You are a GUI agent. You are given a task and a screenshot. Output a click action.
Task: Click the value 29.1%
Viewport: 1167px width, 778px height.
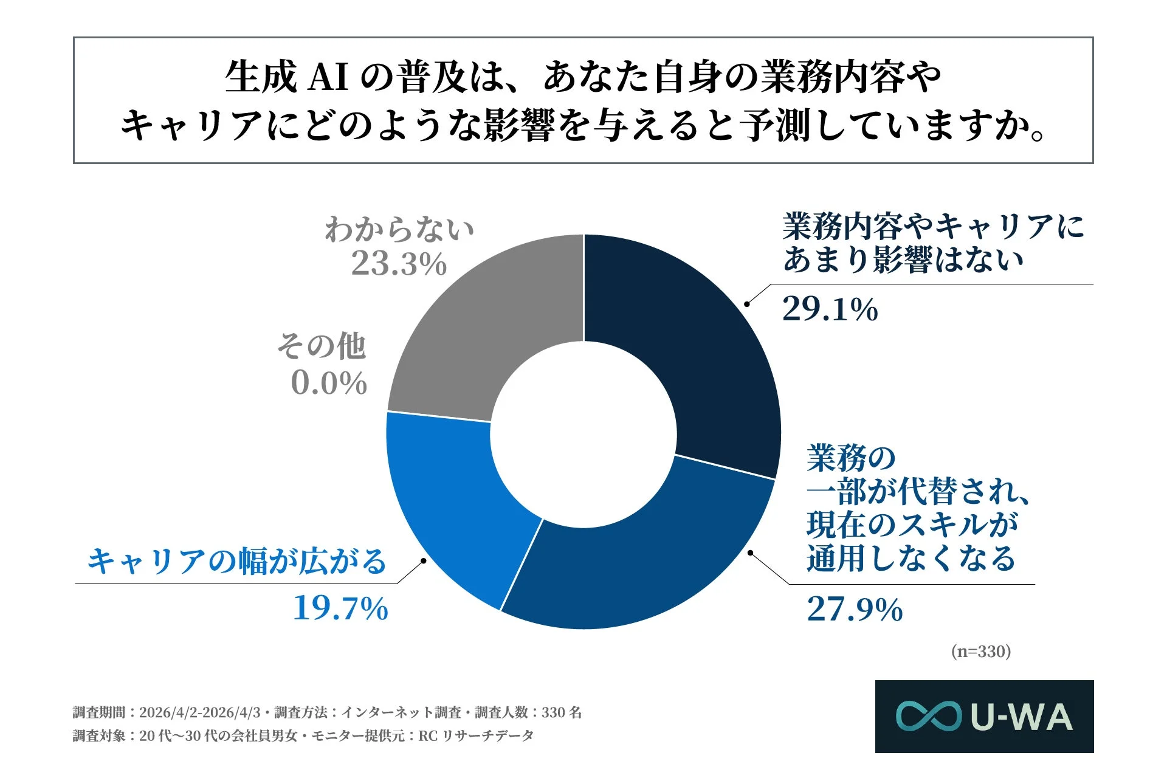[830, 309]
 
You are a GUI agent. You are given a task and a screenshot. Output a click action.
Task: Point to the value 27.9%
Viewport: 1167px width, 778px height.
[855, 609]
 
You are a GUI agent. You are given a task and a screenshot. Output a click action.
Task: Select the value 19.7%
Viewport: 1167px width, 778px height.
[340, 608]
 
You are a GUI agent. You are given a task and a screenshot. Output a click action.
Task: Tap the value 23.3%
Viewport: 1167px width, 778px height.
[399, 264]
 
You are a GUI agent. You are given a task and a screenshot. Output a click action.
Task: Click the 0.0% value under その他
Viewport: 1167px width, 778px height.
[329, 383]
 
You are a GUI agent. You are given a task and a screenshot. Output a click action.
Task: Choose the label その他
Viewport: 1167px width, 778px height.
[322, 346]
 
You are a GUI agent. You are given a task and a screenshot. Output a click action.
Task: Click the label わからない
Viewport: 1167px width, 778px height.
[399, 230]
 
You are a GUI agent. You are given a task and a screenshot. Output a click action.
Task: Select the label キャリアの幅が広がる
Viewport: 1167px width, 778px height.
[237, 560]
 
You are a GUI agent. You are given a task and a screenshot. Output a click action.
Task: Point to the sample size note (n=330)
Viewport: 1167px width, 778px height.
[980, 652]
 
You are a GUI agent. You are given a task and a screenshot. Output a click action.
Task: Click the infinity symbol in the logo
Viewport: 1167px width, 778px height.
[929, 716]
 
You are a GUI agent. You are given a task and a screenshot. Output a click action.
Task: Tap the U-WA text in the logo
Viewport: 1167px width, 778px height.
[1022, 717]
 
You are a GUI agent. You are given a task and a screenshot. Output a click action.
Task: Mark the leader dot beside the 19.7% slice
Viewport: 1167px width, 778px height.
[424, 560]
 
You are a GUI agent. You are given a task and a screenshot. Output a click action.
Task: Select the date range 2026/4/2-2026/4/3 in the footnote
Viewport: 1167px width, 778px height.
[199, 712]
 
